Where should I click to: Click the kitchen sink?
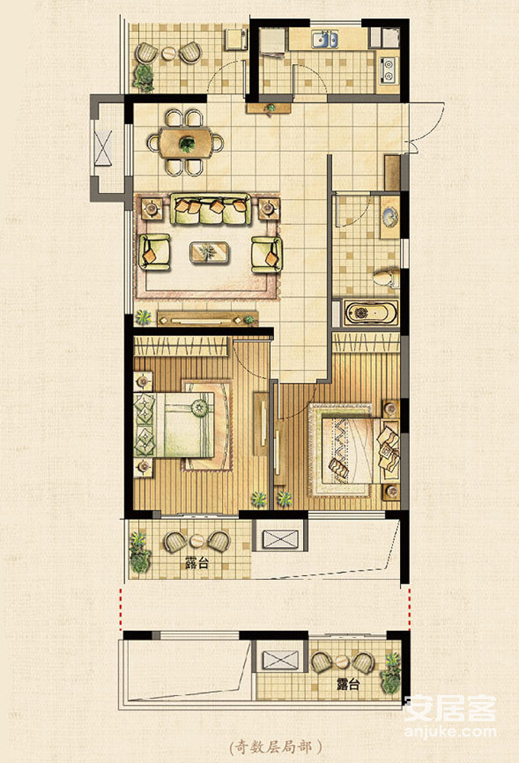(324, 40)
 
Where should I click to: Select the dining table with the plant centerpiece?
(186, 143)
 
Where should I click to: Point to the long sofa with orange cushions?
(211, 209)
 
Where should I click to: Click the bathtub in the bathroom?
(371, 312)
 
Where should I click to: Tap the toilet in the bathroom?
(386, 278)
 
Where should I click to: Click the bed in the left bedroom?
(174, 425)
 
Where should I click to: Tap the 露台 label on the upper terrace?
(197, 563)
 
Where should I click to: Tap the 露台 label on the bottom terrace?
(348, 684)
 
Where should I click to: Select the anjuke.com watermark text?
(450, 732)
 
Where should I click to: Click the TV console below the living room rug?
(208, 318)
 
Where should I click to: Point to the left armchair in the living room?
(154, 252)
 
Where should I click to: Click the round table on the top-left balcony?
(169, 53)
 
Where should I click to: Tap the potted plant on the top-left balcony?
(143, 77)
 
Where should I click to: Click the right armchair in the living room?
(267, 254)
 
